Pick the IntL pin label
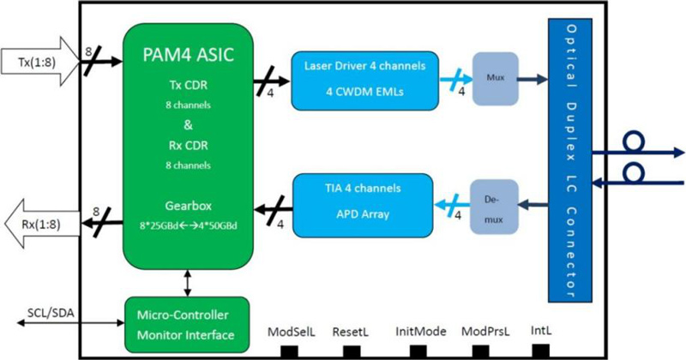pyautogui.click(x=542, y=329)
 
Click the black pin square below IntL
pyautogui.click(x=541, y=350)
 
